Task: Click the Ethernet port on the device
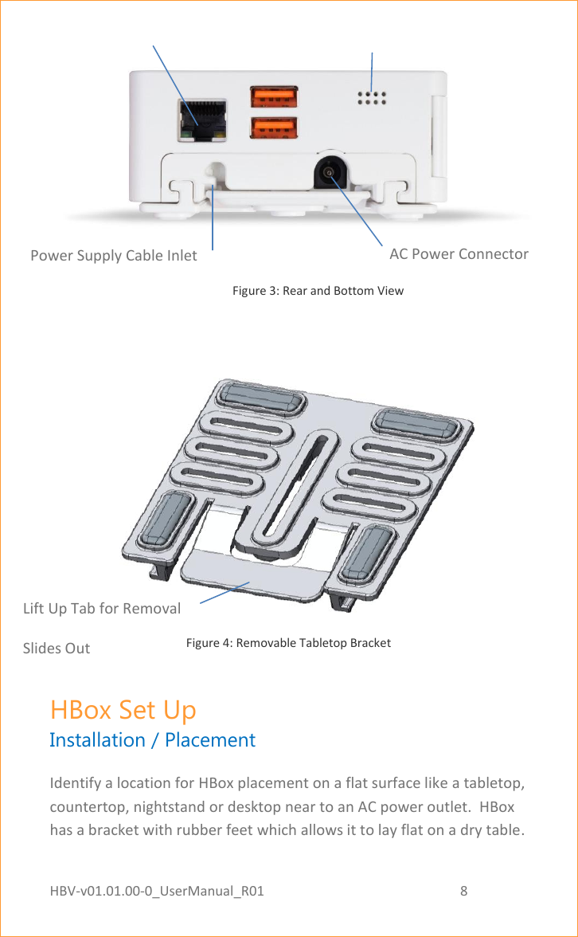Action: coord(200,120)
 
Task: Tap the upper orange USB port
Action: coord(274,96)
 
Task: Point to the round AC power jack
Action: coord(328,171)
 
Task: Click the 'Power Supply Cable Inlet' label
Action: coord(113,256)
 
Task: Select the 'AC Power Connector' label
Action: coord(459,254)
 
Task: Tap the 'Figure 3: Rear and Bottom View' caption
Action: coord(318,291)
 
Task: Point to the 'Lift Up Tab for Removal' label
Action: coord(102,609)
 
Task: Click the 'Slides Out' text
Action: coord(57,649)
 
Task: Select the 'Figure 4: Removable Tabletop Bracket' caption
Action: coord(288,643)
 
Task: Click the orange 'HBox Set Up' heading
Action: coord(123,709)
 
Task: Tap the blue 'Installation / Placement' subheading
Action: coord(152,740)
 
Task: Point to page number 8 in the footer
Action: coord(464,890)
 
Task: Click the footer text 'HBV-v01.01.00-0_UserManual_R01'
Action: coord(157,890)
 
